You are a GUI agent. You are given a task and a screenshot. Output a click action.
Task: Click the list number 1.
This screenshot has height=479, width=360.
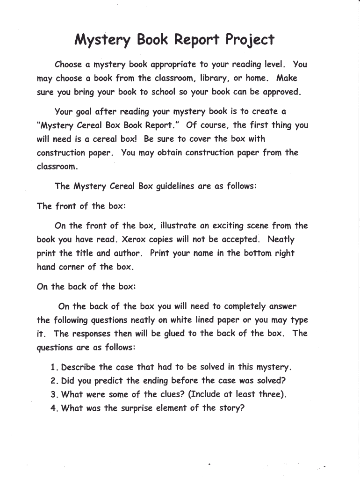tap(53, 367)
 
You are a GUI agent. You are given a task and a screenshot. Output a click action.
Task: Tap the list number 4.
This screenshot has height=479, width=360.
tap(54, 408)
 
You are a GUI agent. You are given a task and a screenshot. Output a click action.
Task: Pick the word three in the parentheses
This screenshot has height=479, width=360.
tap(270, 394)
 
